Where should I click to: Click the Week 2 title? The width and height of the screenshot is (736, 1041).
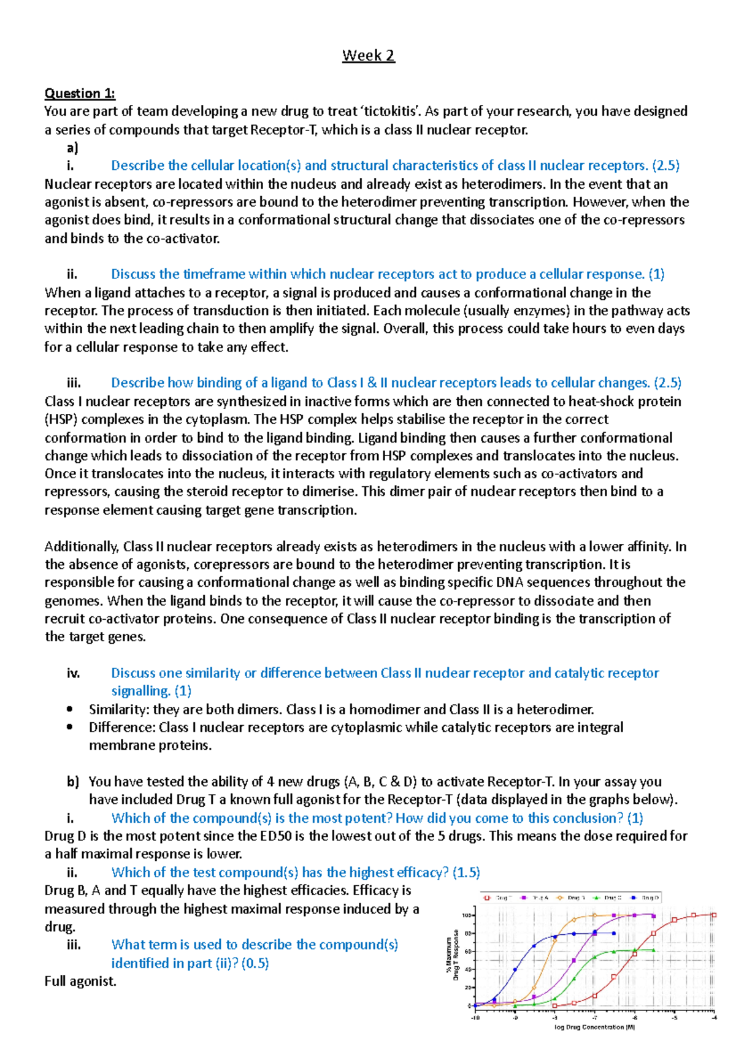(x=368, y=56)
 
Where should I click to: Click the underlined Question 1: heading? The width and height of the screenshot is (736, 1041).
(x=80, y=93)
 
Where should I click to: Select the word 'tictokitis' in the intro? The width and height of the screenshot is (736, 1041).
(x=391, y=112)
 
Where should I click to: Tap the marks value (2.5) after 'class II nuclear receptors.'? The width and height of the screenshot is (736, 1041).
(x=665, y=166)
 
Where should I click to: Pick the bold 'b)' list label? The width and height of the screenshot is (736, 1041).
(x=74, y=782)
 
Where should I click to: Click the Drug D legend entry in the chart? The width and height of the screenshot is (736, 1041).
(x=647, y=898)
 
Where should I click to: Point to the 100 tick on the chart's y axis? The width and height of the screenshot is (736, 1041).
(x=467, y=915)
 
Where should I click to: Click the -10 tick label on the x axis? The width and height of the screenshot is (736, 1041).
(x=475, y=1018)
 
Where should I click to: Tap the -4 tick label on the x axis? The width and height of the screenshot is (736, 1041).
(x=714, y=1018)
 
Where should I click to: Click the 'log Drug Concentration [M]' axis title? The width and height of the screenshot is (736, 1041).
(x=594, y=1027)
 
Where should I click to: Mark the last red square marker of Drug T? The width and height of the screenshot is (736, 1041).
(x=714, y=915)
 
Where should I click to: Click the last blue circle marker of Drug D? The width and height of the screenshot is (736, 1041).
(x=614, y=934)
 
